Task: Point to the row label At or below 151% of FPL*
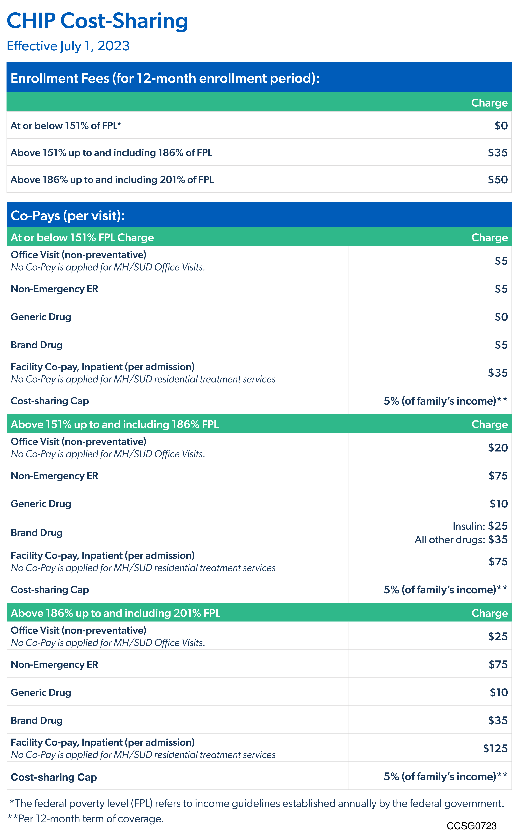[66, 126]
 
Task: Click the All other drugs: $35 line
[461, 539]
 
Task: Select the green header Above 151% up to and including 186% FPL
[115, 424]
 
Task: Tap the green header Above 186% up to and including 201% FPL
[115, 613]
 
